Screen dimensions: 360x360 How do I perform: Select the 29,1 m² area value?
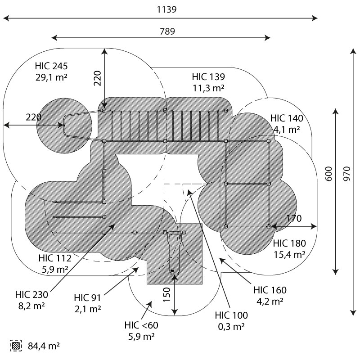pyautogui.click(x=51, y=77)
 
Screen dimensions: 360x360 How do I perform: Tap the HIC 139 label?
pyautogui.click(x=208, y=76)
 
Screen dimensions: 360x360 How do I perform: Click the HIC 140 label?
pyautogui.click(x=287, y=119)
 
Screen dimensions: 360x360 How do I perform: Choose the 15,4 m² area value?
pyautogui.click(x=289, y=254)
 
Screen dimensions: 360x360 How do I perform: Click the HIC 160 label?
pyautogui.click(x=270, y=290)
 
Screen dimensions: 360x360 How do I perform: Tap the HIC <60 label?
pyautogui.click(x=142, y=325)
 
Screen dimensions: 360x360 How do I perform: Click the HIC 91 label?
pyautogui.click(x=88, y=298)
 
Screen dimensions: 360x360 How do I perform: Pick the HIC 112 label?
pyautogui.click(x=54, y=258)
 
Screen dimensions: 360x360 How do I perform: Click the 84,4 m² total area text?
pyautogui.click(x=44, y=346)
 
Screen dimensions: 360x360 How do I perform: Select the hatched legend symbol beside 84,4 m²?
pyautogui.click(x=17, y=346)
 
